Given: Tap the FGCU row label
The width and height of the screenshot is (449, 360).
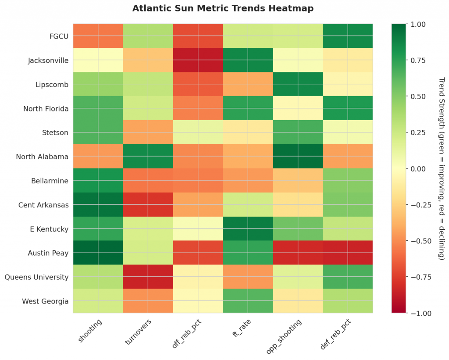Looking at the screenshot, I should pyautogui.click(x=59, y=36).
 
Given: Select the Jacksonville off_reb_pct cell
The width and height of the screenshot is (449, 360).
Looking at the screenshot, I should pyautogui.click(x=198, y=60).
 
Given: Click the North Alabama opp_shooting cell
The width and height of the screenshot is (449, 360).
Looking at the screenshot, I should pyautogui.click(x=298, y=157).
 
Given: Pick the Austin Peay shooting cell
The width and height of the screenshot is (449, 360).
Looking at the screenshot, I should pyautogui.click(x=98, y=253).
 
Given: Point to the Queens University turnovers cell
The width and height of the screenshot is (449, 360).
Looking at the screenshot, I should pyautogui.click(x=148, y=277).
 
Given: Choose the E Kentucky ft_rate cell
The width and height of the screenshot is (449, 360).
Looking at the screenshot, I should pyautogui.click(x=248, y=229).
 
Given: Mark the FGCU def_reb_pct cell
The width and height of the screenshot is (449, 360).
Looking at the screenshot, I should pyautogui.click(x=348, y=36).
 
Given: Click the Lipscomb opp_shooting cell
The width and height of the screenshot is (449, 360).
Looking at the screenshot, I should pyautogui.click(x=298, y=84).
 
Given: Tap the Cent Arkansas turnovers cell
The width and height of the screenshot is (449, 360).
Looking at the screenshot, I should pyautogui.click(x=148, y=205).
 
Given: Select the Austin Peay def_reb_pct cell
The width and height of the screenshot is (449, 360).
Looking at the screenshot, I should pyautogui.click(x=348, y=253).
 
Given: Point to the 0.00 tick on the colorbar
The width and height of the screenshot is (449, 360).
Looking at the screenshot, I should pyautogui.click(x=418, y=168).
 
